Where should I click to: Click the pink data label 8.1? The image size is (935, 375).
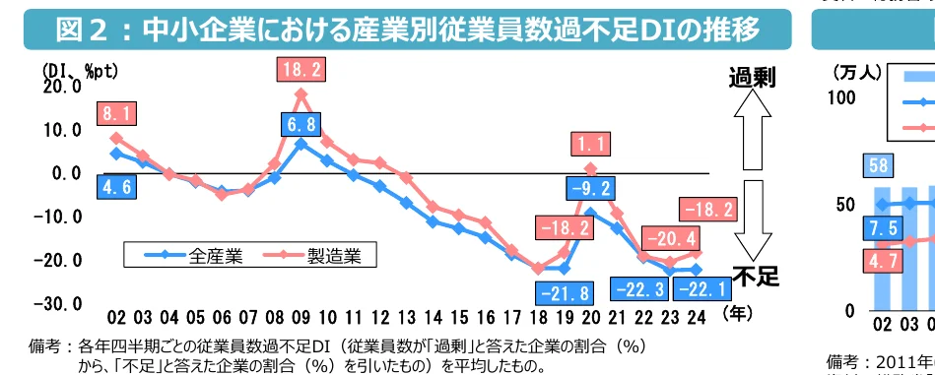(116, 114)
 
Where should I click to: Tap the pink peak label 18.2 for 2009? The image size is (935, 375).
(301, 70)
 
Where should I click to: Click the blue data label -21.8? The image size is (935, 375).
(565, 292)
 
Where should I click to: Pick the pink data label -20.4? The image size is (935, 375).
(669, 238)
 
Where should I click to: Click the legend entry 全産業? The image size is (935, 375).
(185, 256)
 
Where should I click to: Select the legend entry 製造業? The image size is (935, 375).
(309, 256)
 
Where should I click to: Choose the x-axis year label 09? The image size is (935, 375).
(301, 317)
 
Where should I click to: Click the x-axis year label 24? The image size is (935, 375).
(696, 317)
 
